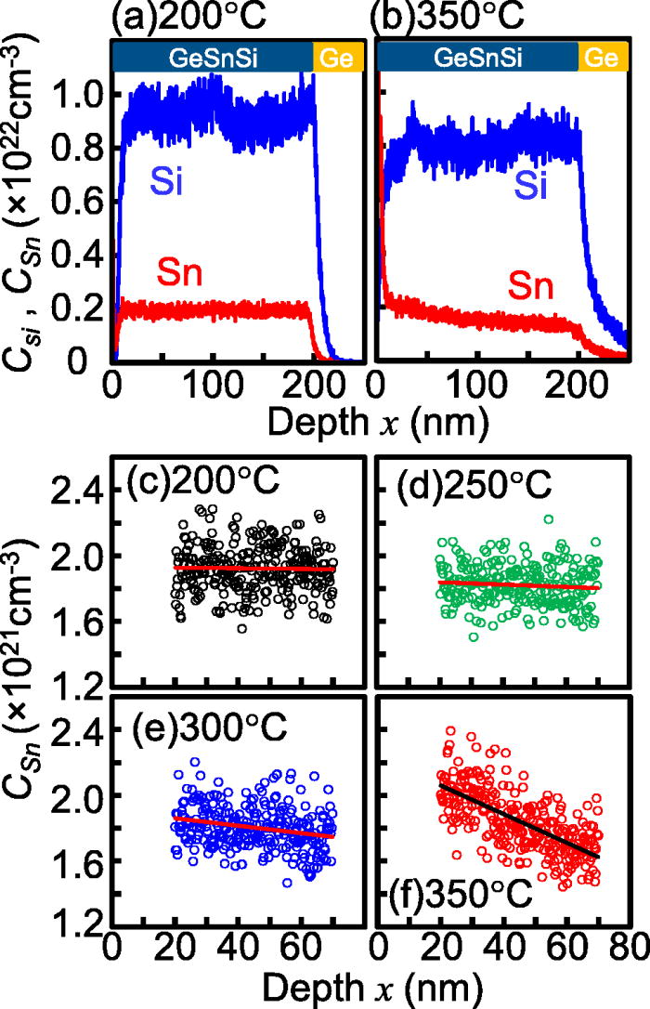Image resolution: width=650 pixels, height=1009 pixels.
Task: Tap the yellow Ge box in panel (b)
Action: click(599, 59)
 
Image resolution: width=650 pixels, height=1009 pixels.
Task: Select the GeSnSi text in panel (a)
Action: click(213, 59)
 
